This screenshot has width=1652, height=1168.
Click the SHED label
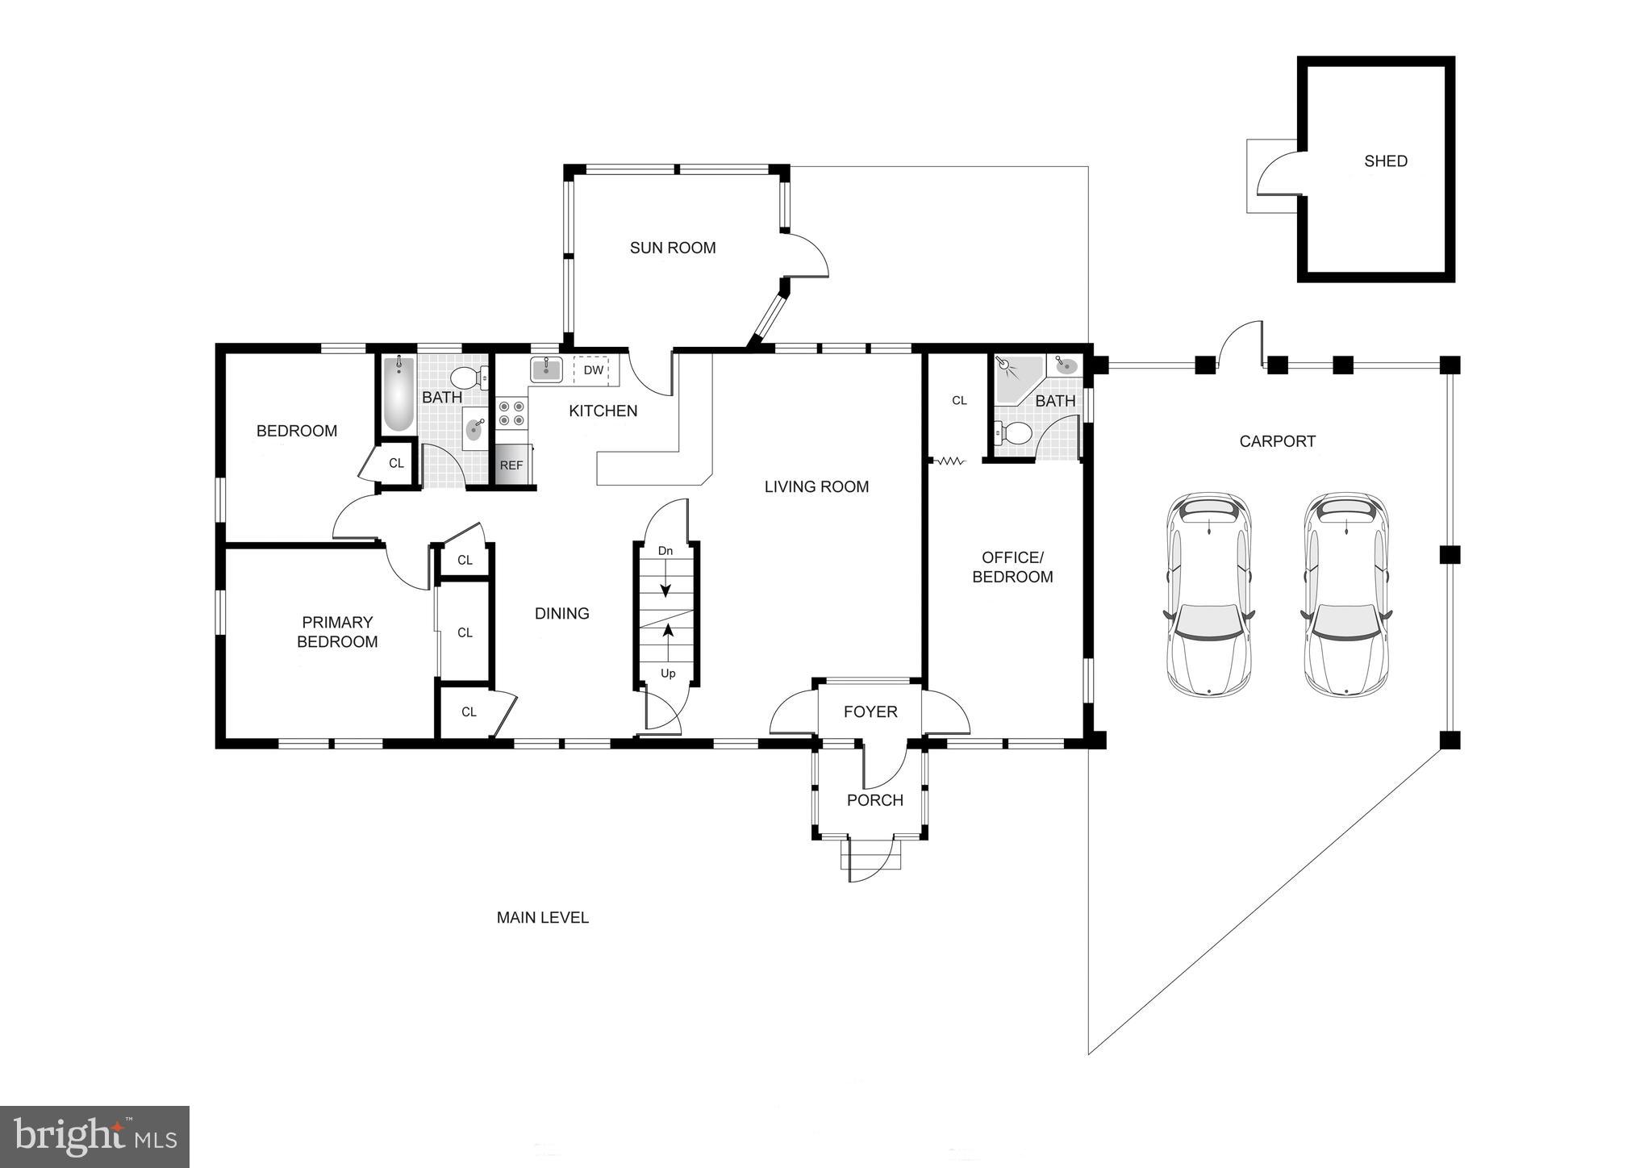coord(1385,161)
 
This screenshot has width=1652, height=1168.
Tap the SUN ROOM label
coord(673,248)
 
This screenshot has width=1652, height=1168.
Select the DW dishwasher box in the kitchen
coord(593,370)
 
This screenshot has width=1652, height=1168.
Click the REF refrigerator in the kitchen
coord(511,465)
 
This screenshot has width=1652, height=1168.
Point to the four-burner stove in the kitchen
coord(510,414)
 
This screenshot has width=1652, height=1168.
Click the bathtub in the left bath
coord(398,394)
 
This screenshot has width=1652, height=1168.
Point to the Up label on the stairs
coord(668,674)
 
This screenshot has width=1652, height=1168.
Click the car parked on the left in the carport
coord(1208,594)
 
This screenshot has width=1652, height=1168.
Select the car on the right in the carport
coord(1346,594)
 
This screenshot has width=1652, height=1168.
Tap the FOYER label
coord(870,711)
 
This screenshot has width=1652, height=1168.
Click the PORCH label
coord(874,800)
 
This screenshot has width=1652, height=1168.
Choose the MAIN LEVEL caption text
coord(542,917)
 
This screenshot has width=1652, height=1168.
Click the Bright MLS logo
coord(94,1137)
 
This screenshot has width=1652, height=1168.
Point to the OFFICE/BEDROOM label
coord(1012,567)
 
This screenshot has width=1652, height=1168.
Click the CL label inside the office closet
coord(958,400)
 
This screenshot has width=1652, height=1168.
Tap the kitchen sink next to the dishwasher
coord(547,369)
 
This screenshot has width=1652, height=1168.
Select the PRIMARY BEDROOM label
coord(337,632)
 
